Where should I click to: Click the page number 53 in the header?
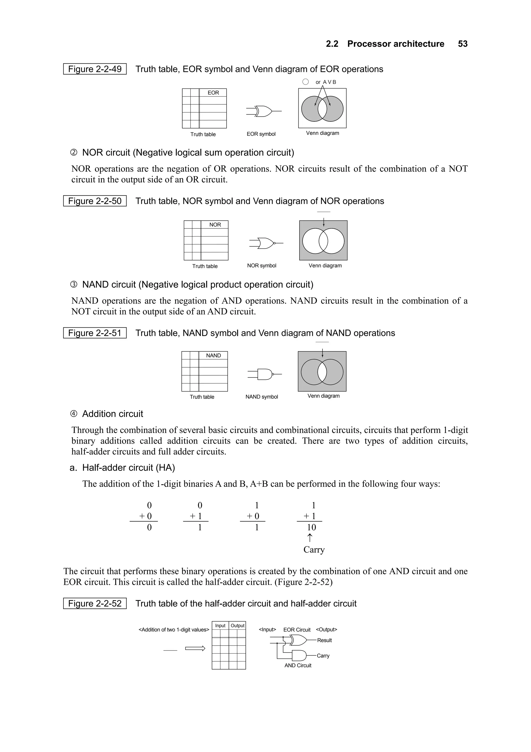click(462, 44)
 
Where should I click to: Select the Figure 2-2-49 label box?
click(95, 69)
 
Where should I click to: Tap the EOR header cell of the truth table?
click(213, 93)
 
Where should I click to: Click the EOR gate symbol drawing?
click(264, 111)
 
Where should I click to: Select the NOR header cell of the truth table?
click(215, 225)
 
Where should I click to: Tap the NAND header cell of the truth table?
click(213, 355)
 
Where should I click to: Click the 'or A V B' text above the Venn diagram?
click(326, 82)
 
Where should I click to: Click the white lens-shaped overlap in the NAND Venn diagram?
click(322, 372)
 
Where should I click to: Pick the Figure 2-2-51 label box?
click(95, 333)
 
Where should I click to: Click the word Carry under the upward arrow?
click(314, 550)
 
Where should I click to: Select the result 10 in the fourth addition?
click(311, 527)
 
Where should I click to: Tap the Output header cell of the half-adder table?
click(237, 626)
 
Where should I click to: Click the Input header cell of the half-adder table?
click(220, 626)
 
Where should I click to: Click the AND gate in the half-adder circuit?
click(299, 655)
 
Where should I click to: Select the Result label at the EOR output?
click(324, 640)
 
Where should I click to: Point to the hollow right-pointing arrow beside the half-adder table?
click(195, 648)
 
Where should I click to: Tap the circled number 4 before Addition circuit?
click(74, 414)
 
